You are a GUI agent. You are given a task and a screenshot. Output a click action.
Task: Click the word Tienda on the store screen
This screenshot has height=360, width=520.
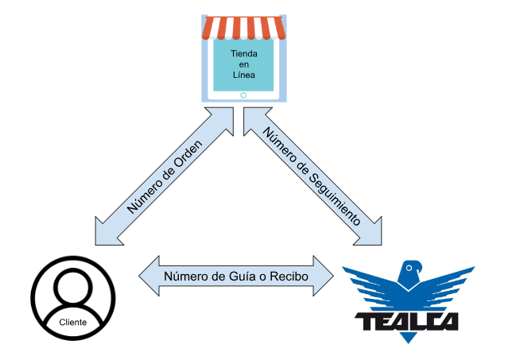pos(244,54)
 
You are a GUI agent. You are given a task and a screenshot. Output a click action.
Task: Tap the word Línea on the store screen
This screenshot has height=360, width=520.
pos(244,75)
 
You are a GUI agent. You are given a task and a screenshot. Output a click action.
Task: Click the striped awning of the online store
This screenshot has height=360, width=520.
pos(244,28)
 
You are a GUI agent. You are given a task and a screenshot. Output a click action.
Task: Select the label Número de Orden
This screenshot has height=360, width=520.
pos(165,177)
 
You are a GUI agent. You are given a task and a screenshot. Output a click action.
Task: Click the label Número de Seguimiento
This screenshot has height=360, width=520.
pos(312,176)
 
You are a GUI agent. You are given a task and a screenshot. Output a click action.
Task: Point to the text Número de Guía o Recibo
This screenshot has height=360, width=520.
pos(236,276)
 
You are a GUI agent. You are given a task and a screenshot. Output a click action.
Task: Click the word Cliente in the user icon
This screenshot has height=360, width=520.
pos(73,322)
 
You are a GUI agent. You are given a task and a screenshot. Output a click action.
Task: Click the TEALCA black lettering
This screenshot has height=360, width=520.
pos(407,322)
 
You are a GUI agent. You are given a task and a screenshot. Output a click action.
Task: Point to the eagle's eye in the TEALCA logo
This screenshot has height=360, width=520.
pos(409,268)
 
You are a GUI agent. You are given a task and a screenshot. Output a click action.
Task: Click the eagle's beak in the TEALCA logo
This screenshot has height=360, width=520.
pos(420,268)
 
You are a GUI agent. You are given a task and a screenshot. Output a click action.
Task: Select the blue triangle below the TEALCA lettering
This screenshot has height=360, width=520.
pos(408,338)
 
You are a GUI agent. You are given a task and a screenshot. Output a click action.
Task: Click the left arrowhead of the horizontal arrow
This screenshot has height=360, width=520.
pos(149,276)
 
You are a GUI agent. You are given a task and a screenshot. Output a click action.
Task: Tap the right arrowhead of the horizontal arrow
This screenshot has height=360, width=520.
pos(324,276)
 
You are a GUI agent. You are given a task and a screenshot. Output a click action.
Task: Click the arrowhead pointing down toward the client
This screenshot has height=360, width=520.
pos(106,234)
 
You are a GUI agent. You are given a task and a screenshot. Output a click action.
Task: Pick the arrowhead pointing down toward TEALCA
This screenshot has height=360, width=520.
pos(371,234)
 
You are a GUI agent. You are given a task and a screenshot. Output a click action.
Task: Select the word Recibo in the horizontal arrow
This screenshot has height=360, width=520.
pos(289,276)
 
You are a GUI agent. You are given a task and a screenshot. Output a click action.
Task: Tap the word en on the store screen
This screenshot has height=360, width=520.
pos(244,64)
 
